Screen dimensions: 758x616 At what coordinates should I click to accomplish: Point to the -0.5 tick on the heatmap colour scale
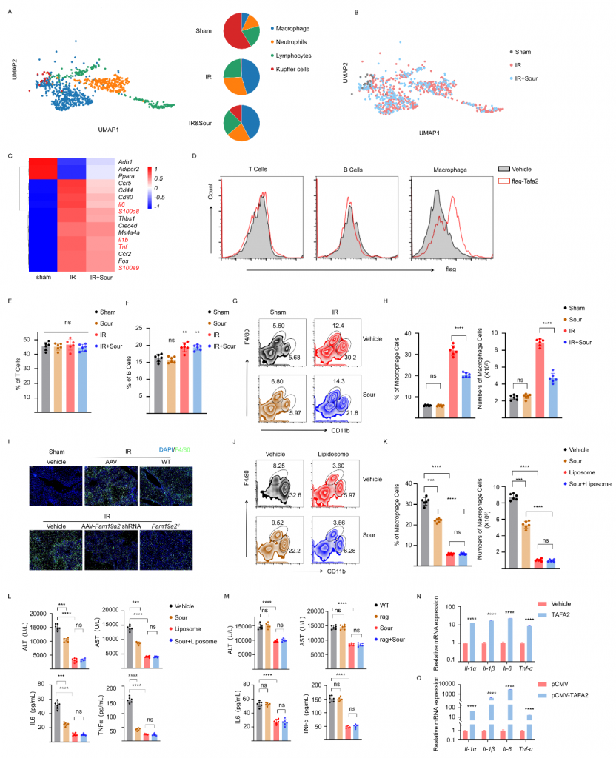[x=181, y=198]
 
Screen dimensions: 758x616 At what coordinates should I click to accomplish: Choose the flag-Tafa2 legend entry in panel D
[x=533, y=180]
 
